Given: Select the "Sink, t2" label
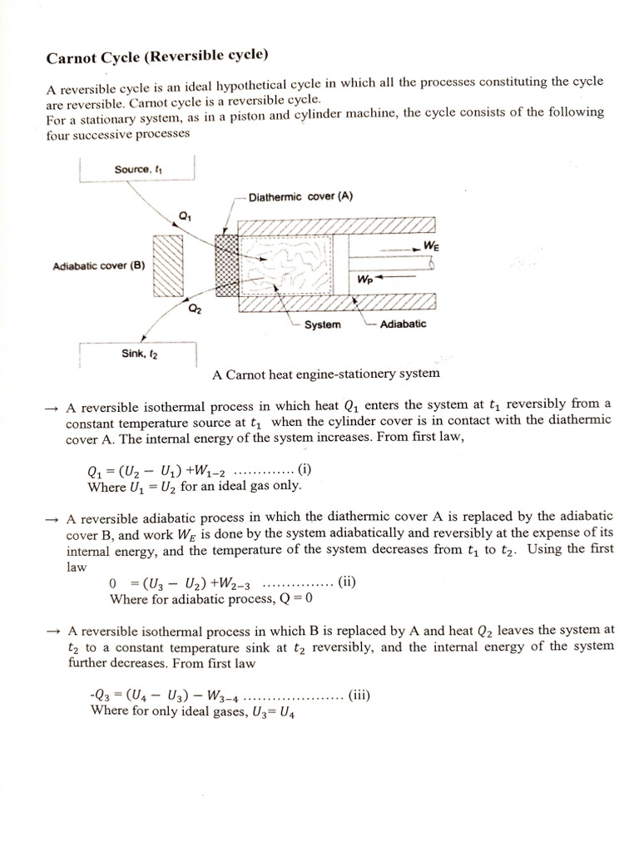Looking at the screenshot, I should [139, 354].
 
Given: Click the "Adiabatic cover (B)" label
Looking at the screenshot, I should [99, 266].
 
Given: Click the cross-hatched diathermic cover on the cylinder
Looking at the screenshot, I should [225, 265].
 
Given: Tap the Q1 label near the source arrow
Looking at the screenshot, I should [185, 216].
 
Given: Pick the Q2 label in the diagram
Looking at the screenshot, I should [195, 310].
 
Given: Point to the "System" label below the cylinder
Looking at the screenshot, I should [321, 324].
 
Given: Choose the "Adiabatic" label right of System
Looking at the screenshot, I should [403, 324].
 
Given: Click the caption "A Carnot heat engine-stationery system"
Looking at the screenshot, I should [326, 374].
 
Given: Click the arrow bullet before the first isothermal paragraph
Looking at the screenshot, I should [52, 407].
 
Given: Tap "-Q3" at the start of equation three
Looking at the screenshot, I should [100, 696].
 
